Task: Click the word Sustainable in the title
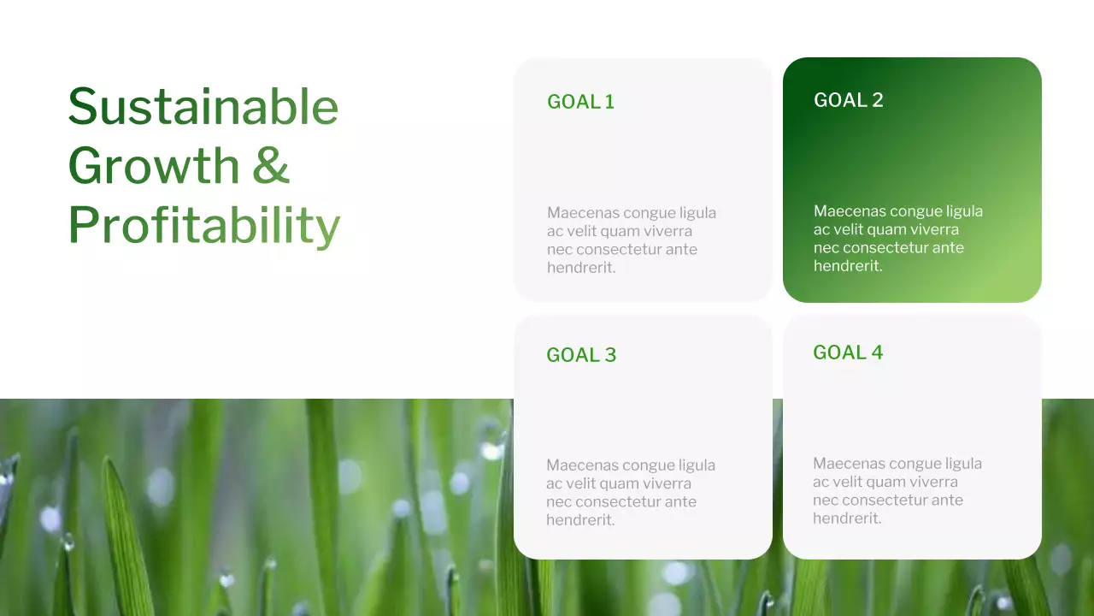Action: (203, 106)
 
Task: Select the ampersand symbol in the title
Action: (272, 166)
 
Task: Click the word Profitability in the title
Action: (203, 226)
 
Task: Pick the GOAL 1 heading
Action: (580, 102)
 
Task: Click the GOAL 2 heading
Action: (848, 100)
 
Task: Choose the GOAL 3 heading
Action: (581, 355)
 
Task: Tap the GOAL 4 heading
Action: (848, 352)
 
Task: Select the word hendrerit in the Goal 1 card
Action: (579, 268)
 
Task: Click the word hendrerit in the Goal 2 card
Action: (846, 266)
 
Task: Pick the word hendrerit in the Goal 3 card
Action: (579, 520)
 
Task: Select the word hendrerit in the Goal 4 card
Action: (845, 518)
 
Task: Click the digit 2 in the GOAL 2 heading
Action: (877, 100)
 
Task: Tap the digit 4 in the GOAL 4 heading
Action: (877, 352)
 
